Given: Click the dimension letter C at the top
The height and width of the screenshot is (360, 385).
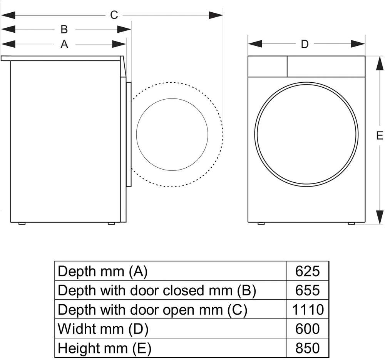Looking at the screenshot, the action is pyautogui.click(x=114, y=15).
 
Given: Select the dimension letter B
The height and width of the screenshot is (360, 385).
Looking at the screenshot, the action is pyautogui.click(x=64, y=30).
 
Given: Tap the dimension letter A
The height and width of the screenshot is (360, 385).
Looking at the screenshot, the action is pyautogui.click(x=64, y=44).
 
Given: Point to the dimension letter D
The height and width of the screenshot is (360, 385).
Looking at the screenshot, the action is pyautogui.click(x=305, y=44).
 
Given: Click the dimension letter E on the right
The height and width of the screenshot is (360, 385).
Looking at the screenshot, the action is pyautogui.click(x=380, y=136).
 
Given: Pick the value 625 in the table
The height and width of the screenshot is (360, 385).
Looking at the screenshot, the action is pyautogui.click(x=307, y=271).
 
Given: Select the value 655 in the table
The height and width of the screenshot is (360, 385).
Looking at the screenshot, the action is pyautogui.click(x=307, y=290).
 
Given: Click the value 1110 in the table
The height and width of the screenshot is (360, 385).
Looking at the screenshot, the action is pyautogui.click(x=308, y=310).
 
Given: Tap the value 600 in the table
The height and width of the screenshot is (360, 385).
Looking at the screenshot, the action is pyautogui.click(x=307, y=328).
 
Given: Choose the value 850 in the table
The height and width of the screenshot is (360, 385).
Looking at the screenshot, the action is pyautogui.click(x=307, y=348).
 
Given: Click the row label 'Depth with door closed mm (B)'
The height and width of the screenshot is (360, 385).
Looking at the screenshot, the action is pyautogui.click(x=157, y=291).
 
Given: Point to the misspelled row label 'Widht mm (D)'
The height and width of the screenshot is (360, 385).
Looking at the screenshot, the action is pyautogui.click(x=103, y=329).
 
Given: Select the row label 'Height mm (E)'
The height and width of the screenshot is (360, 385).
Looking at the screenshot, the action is pyautogui.click(x=105, y=348).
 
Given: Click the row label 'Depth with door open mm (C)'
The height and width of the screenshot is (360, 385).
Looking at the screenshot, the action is pyautogui.click(x=152, y=310).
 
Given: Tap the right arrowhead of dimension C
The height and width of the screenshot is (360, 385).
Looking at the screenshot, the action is pyautogui.click(x=216, y=15).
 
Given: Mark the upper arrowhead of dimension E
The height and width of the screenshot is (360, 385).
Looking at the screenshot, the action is pyautogui.click(x=380, y=63).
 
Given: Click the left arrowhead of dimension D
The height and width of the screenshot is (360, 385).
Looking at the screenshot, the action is pyautogui.click(x=255, y=44).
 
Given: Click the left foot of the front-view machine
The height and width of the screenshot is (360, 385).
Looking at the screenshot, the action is pyautogui.click(x=261, y=223).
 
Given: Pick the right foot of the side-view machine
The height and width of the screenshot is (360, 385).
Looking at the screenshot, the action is pyautogui.click(x=111, y=223).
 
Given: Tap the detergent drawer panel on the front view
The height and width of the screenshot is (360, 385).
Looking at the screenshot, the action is pyautogui.click(x=268, y=67).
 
